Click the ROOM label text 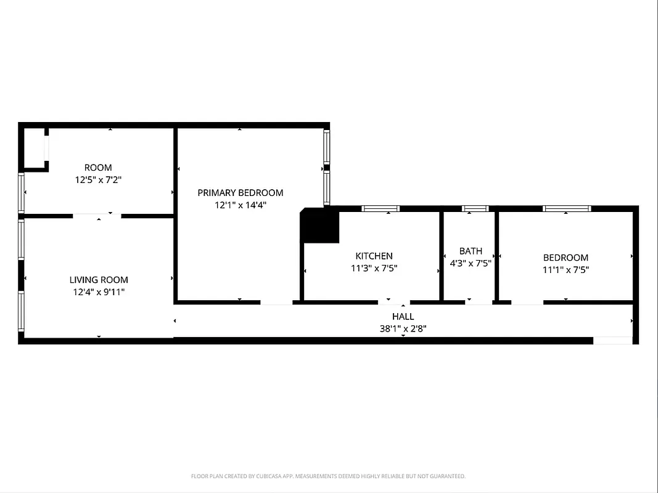click(x=98, y=168)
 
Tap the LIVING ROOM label click(x=99, y=280)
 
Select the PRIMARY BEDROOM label click(x=240, y=193)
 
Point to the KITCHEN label click(x=374, y=256)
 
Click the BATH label click(x=471, y=251)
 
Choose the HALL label click(x=403, y=317)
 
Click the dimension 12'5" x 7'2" click(x=98, y=180)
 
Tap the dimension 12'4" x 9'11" click(x=99, y=292)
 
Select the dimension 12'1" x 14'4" click(x=240, y=205)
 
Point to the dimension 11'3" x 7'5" click(x=374, y=268)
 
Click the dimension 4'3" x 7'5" click(x=471, y=263)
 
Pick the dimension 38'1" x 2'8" click(x=403, y=329)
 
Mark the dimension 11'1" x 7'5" click(x=565, y=269)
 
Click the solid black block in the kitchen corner click(x=319, y=226)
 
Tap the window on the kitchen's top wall click(x=380, y=208)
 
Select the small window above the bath click(x=475, y=208)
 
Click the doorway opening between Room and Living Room click(x=97, y=216)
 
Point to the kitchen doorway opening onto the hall click(x=393, y=302)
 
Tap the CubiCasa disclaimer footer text click(x=328, y=476)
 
